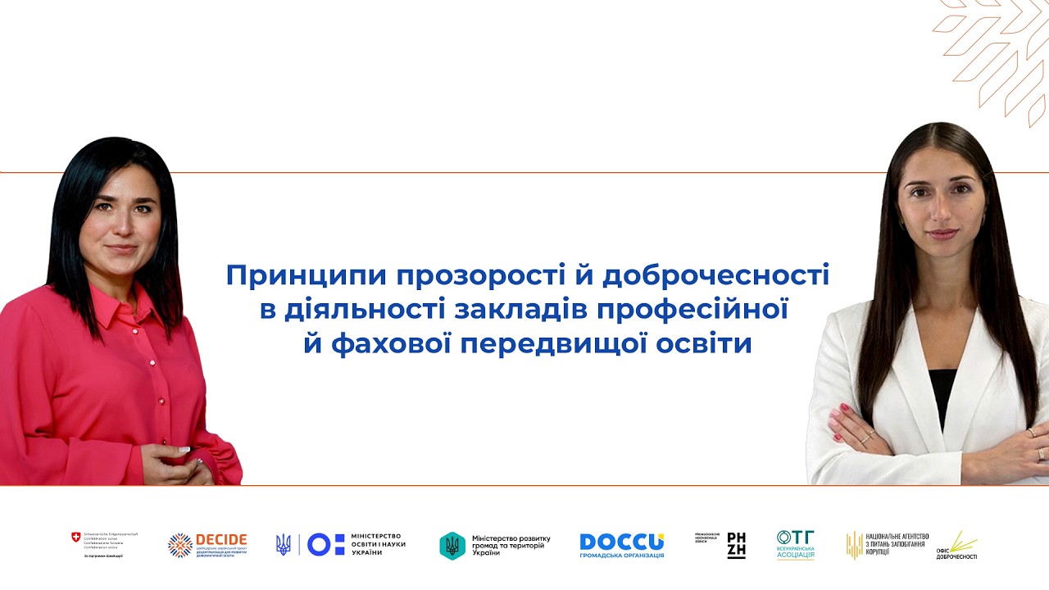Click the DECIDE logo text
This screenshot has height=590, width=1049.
pos(220,539)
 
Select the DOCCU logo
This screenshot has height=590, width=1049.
pos(621,542)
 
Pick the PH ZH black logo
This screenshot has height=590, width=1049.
pos(736,545)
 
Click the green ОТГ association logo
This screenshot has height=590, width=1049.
pos(795,544)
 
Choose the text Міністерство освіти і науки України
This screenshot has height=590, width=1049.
pos(378,544)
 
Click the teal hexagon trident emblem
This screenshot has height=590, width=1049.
pos(452,545)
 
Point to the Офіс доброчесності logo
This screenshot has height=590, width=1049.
pos(957,546)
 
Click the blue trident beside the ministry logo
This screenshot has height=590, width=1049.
pos(284,544)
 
